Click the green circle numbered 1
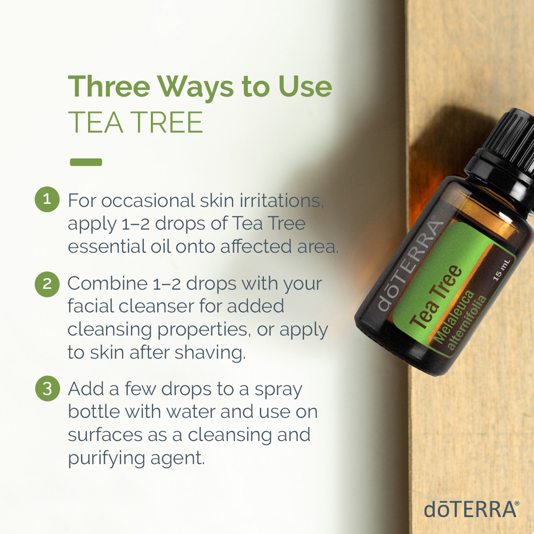47,198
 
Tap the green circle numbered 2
47,284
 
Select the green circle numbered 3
47,388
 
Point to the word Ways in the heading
196,87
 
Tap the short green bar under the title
86,162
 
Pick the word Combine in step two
107,283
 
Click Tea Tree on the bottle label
436,297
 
